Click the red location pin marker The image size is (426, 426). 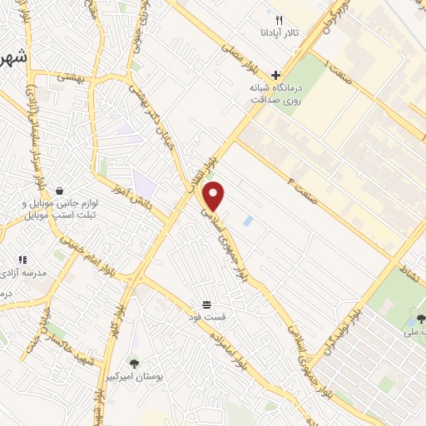coord(215,196)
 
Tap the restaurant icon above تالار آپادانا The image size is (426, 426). coord(280,19)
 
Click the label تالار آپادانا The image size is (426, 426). coord(280,34)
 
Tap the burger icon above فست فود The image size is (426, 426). coord(206,304)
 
